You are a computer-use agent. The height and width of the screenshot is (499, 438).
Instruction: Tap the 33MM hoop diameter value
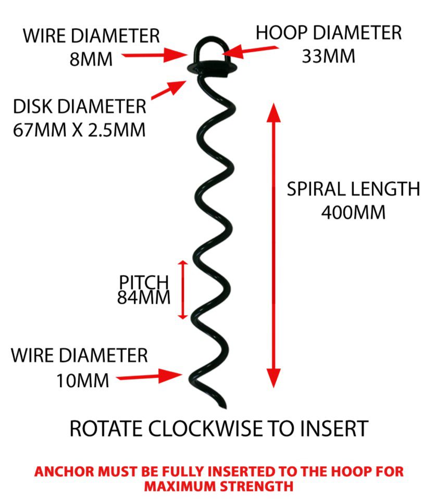click(x=328, y=55)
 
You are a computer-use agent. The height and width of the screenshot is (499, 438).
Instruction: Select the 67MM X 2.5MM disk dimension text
click(x=79, y=129)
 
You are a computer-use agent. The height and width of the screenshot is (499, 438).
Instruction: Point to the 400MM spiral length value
click(x=353, y=212)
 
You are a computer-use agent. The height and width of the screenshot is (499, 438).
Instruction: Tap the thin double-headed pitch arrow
click(x=182, y=290)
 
